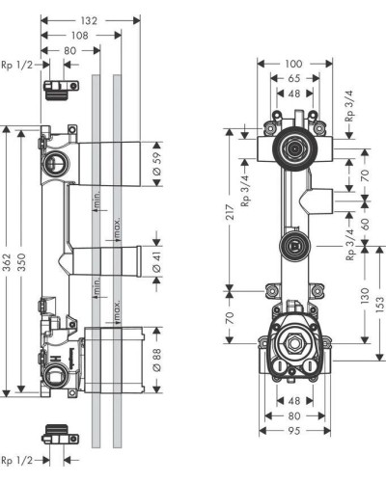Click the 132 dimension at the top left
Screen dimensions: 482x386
(x=90, y=19)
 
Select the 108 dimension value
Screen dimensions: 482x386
(x=80, y=36)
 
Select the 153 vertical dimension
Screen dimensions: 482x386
(x=380, y=303)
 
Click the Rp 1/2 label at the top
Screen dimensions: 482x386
(x=18, y=65)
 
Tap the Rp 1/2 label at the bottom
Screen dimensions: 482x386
(x=18, y=459)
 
